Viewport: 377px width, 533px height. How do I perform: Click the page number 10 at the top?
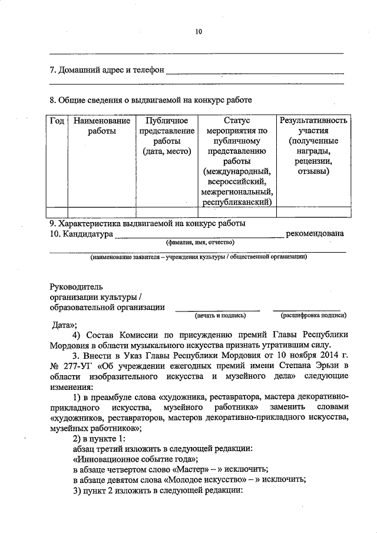tap(199, 32)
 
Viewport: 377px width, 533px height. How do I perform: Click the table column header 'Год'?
tap(57, 121)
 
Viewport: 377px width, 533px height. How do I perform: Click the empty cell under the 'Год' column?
tap(57, 213)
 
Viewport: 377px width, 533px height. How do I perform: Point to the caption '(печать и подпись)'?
tap(218, 316)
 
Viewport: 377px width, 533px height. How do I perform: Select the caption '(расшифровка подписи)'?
tap(310, 316)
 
